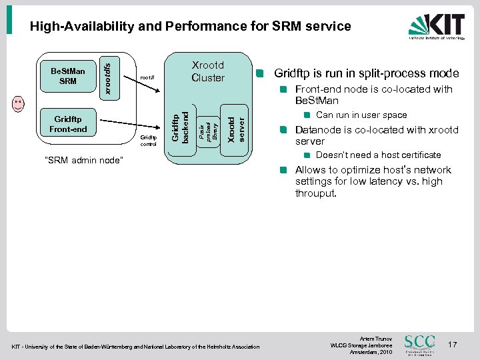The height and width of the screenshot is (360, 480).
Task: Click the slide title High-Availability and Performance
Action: tap(190, 27)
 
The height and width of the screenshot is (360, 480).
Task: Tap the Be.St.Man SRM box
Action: tap(67, 76)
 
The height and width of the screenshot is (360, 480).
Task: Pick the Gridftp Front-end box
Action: tap(67, 123)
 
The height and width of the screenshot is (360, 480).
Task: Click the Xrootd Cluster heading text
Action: tap(207, 71)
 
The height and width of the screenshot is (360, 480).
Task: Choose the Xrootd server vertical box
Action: tap(235, 127)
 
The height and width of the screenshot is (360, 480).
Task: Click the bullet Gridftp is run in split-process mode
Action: tap(366, 73)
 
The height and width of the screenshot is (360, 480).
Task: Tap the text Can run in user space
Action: tap(361, 115)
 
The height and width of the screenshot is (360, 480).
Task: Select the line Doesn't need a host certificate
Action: tap(378, 155)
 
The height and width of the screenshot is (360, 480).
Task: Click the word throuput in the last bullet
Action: tap(317, 193)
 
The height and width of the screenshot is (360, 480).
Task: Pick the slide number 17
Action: tap(453, 345)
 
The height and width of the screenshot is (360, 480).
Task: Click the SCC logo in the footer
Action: tap(420, 344)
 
